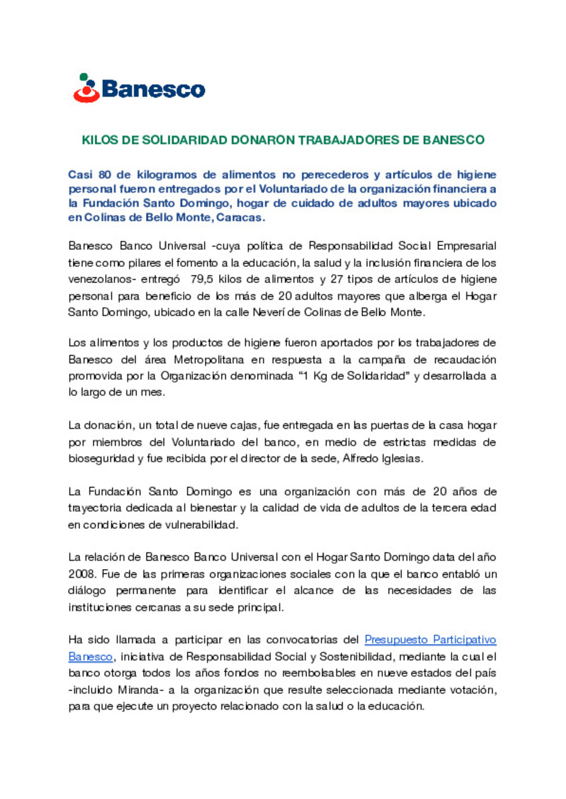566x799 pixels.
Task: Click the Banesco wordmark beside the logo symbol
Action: [153, 89]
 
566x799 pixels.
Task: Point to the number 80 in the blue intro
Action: [105, 175]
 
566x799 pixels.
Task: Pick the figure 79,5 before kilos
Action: [202, 279]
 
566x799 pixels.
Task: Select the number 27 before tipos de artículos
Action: [336, 279]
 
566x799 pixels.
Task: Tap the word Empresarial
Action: [466, 246]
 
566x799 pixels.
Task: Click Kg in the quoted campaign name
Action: [320, 376]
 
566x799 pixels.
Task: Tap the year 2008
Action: [82, 574]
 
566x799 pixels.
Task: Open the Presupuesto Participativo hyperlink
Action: [430, 640]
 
